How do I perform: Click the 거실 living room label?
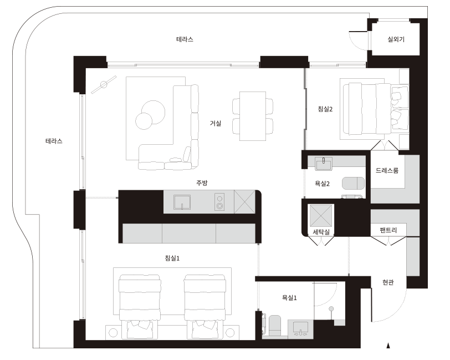[216, 123]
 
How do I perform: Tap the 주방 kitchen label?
[202, 183]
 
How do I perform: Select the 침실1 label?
[172, 258]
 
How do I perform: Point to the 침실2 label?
[325, 109]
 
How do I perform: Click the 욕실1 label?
[289, 298]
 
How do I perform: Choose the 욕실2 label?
[323, 184]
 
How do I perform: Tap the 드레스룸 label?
[387, 170]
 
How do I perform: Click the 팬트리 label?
[388, 230]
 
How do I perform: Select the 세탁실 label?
[321, 232]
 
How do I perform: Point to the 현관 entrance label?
[388, 282]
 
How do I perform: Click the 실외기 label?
[396, 39]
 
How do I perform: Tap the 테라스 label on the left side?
[54, 141]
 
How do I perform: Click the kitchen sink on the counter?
[182, 202]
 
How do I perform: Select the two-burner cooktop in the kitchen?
[219, 202]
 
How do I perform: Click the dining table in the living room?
[253, 116]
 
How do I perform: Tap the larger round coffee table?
[154, 112]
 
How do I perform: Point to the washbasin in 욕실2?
[324, 164]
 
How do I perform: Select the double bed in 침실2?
[375, 109]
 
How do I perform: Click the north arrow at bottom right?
[388, 346]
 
